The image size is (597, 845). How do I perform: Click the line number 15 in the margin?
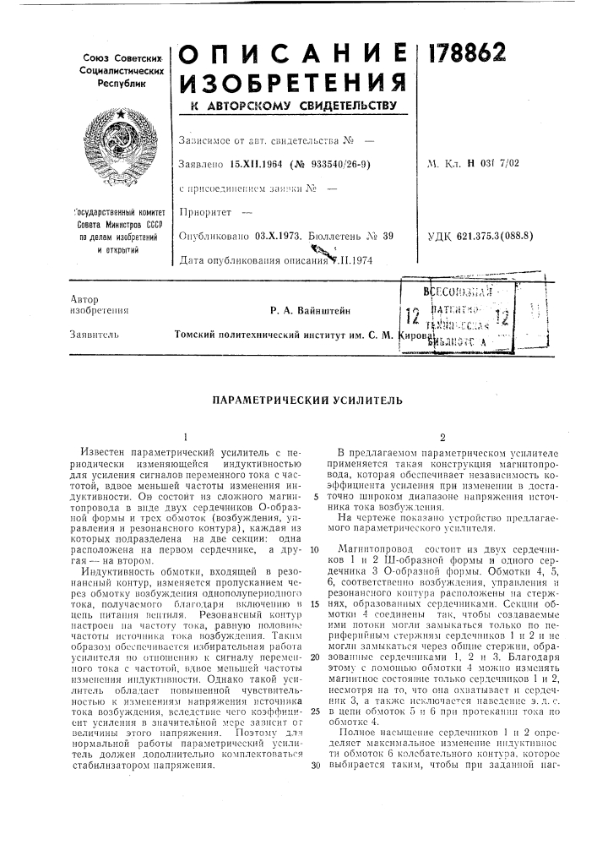point(315,630)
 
